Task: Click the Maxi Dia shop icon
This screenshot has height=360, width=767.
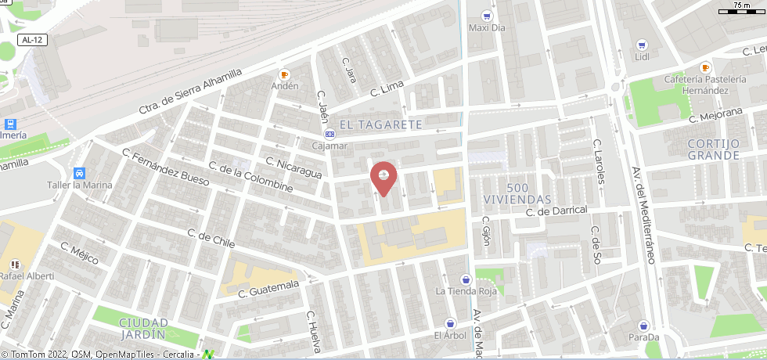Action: [x=488, y=16]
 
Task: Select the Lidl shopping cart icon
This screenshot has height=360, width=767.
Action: [x=642, y=45]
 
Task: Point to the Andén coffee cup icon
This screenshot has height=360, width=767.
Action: [x=285, y=74]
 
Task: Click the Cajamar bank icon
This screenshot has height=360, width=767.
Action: [x=330, y=134]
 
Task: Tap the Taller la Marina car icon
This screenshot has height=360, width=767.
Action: [x=78, y=173]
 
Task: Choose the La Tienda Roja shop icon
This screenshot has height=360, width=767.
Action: [x=466, y=279]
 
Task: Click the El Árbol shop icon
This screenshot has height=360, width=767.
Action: [x=450, y=323]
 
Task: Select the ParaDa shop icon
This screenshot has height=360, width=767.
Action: [x=643, y=326]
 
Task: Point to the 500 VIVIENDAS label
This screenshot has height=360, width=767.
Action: [x=517, y=193]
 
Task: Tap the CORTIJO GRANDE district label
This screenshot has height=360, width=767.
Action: [x=713, y=149]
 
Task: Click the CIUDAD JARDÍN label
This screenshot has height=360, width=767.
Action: [x=142, y=328]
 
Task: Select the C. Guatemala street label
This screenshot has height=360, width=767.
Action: [x=268, y=289]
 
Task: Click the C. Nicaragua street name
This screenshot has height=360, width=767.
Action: [x=293, y=168]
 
